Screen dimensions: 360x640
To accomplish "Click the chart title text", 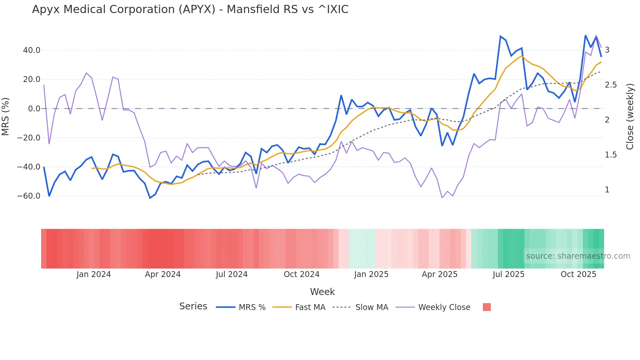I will point(190,9).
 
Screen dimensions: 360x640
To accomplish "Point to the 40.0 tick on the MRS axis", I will point(32,50).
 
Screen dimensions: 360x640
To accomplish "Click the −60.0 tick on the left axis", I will point(29,196).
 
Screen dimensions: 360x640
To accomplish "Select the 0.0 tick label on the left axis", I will point(34,109).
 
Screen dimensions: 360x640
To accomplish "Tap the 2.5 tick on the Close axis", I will point(611,85).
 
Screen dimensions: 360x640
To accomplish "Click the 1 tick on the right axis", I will point(607,190).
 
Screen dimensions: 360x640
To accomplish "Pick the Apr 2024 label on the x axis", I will point(163,274).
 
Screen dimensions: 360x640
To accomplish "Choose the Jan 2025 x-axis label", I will point(371,274).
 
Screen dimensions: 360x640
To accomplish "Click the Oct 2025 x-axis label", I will point(578,274).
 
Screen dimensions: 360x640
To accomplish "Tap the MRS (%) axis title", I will point(6,116).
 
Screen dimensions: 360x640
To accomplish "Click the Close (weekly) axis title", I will point(630,116).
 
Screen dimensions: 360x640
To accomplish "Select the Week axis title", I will point(322,292).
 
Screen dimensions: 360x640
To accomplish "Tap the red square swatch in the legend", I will point(487,307).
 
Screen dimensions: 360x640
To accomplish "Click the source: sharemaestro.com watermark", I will point(578,256).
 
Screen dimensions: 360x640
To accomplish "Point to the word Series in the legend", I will point(193,306).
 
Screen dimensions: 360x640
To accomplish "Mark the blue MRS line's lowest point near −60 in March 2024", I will point(150,198).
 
